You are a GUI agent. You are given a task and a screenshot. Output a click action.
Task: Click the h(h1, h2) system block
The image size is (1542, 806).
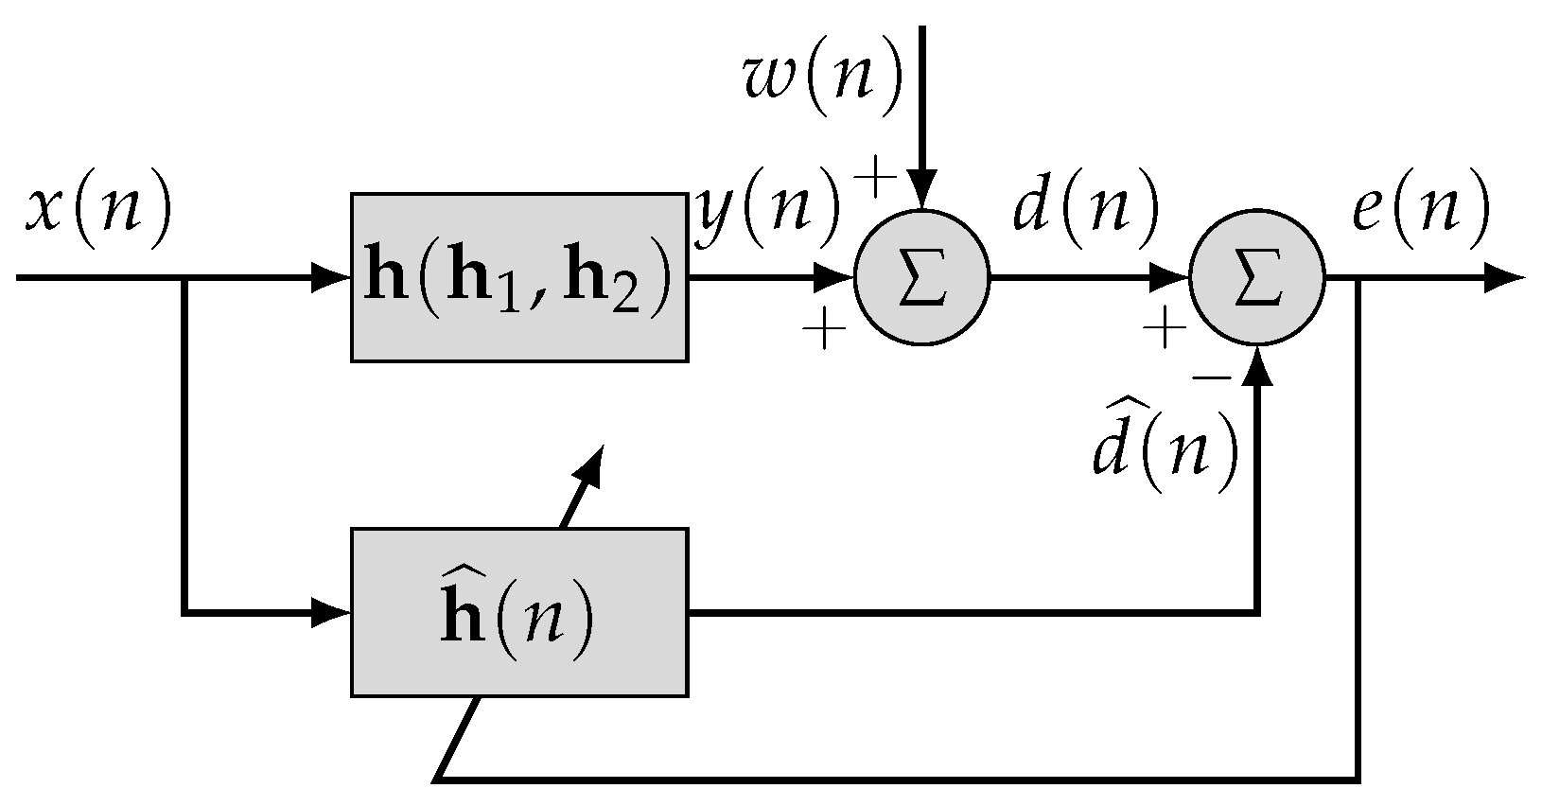(x=519, y=278)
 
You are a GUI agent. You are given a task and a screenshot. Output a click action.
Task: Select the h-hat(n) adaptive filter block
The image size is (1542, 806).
(x=519, y=614)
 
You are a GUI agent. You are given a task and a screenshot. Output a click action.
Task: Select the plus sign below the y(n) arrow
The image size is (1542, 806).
(x=824, y=331)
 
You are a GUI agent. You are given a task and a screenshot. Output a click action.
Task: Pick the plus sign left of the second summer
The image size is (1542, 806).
(x=1165, y=330)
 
